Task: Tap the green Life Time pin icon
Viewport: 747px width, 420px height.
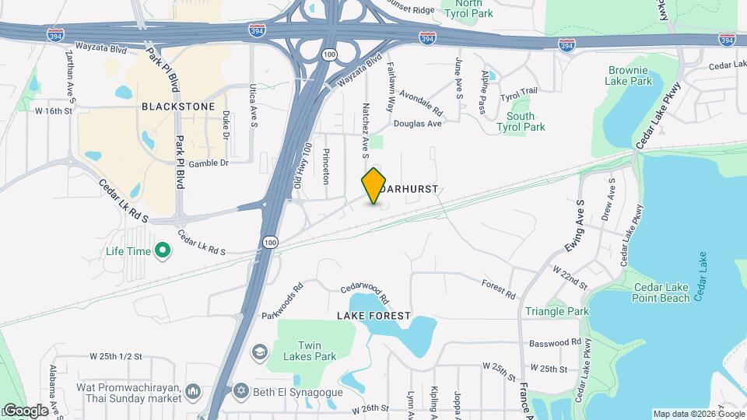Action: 163,250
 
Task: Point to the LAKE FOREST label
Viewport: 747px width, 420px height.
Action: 373,316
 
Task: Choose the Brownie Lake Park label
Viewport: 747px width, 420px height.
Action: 630,75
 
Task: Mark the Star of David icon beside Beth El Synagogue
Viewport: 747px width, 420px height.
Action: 241,389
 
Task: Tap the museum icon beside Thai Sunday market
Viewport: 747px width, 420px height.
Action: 194,390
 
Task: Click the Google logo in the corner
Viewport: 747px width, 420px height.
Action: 25,410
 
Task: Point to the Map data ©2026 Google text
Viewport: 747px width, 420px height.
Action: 698,414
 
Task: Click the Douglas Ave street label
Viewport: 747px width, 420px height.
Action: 417,124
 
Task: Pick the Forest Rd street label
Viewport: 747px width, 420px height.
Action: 498,290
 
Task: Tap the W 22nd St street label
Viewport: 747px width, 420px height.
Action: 570,276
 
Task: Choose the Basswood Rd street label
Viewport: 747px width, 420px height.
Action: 555,342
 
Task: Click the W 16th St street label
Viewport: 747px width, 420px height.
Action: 53,111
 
